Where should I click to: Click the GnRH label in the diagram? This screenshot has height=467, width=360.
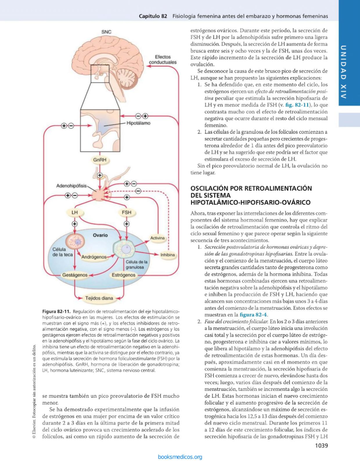[100, 161]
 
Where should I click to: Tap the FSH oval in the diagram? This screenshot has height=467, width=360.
[126, 212]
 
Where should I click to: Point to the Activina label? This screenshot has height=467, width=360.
[157, 238]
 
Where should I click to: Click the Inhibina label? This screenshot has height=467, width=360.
[168, 254]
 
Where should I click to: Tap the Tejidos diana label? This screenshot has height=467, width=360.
[99, 299]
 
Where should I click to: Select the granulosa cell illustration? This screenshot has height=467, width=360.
[122, 249]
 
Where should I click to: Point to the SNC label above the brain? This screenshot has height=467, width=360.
[106, 31]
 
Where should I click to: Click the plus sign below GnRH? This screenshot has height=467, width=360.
[100, 175]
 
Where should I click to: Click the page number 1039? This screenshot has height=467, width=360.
[321, 446]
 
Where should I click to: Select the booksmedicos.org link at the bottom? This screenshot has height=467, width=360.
[180, 457]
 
